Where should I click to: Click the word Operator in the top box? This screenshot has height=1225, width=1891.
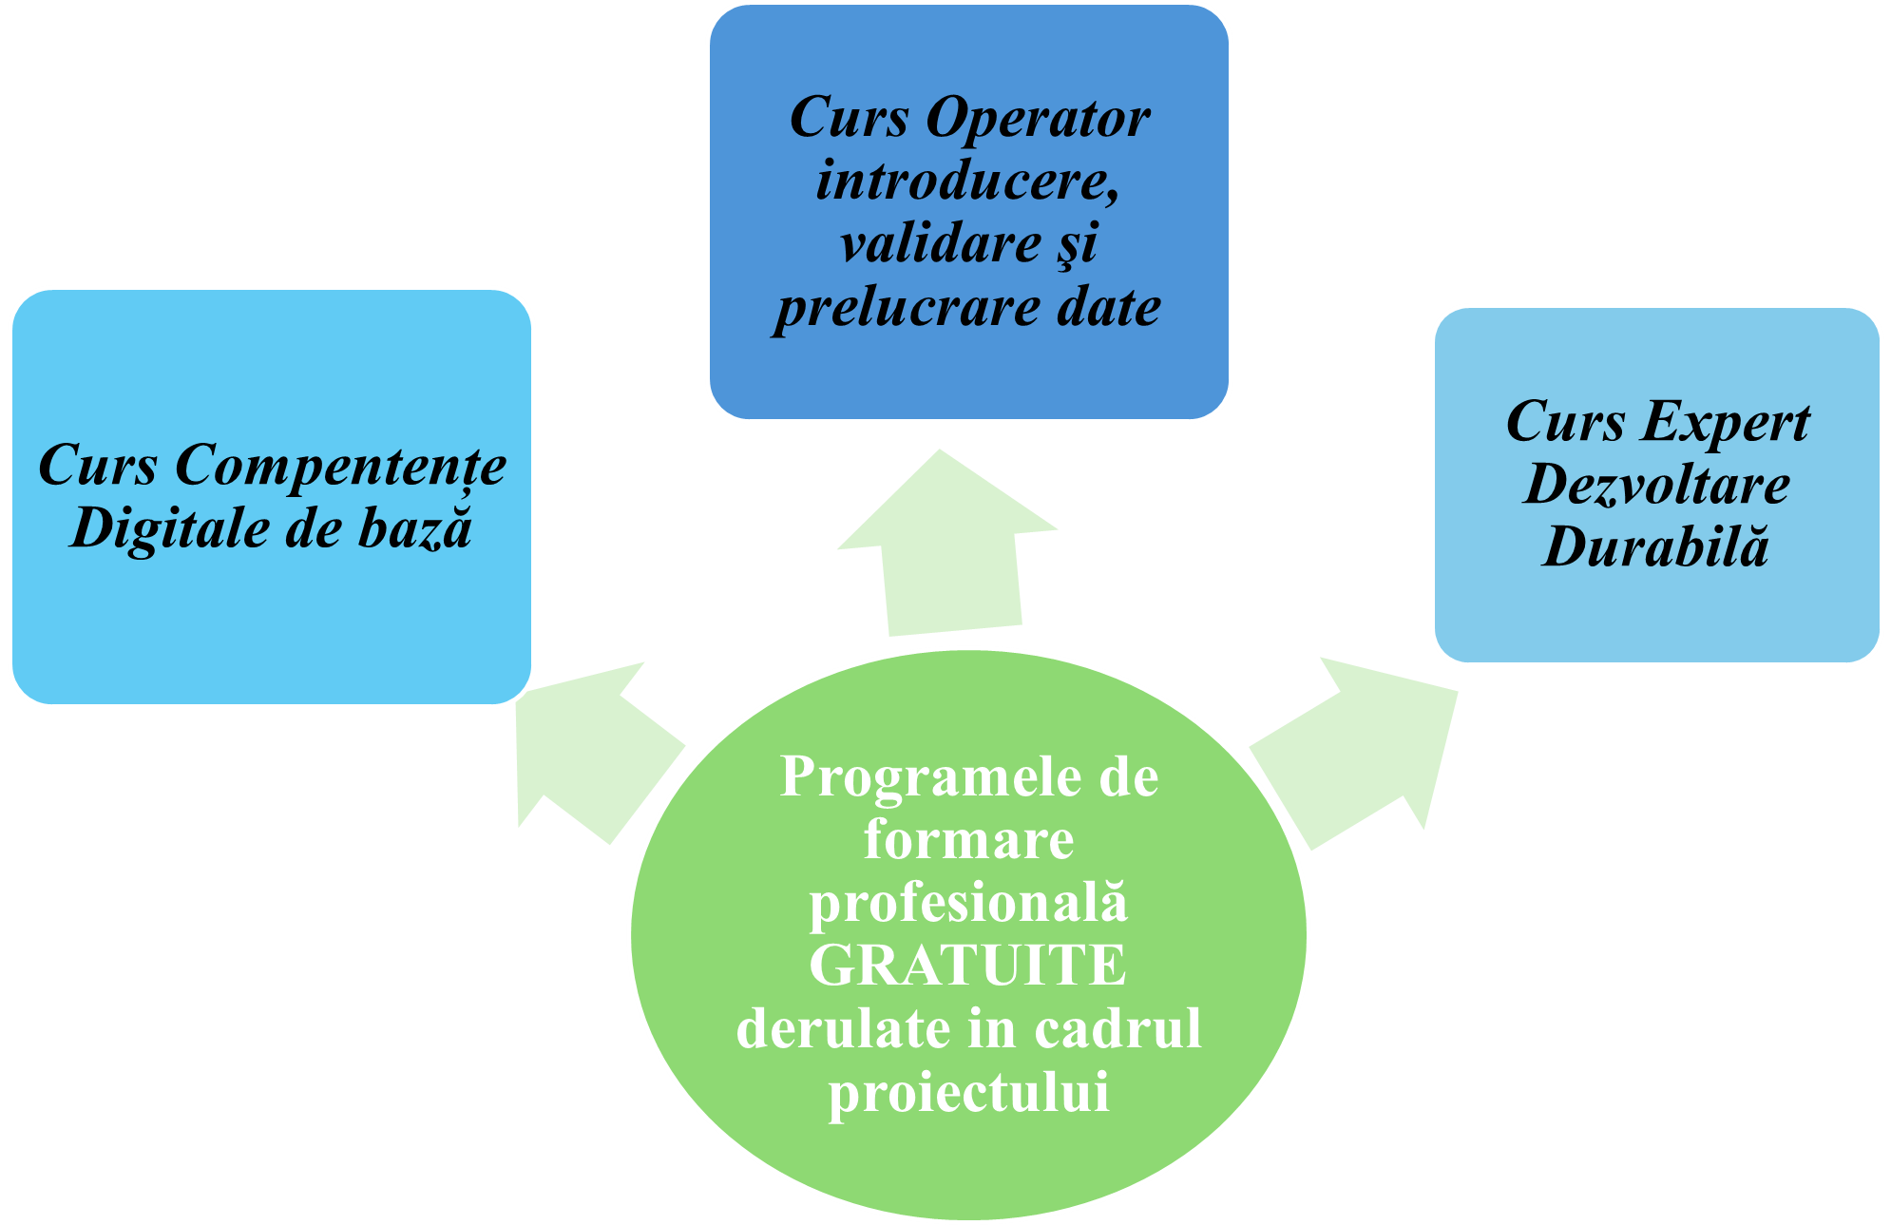click(1038, 120)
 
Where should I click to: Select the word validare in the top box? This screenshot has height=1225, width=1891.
click(941, 243)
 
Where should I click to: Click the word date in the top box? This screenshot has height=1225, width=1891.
click(1109, 307)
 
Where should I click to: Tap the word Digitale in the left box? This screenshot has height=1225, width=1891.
click(171, 528)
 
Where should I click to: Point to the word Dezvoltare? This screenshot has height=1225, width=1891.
click(1657, 485)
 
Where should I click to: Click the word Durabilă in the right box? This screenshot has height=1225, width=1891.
click(1655, 547)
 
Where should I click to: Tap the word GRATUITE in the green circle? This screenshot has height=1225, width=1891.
click(967, 966)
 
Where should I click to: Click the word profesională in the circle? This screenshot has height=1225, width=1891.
click(967, 903)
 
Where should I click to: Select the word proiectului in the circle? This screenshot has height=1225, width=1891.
click(968, 1092)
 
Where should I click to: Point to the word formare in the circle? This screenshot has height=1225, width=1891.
click(968, 840)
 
